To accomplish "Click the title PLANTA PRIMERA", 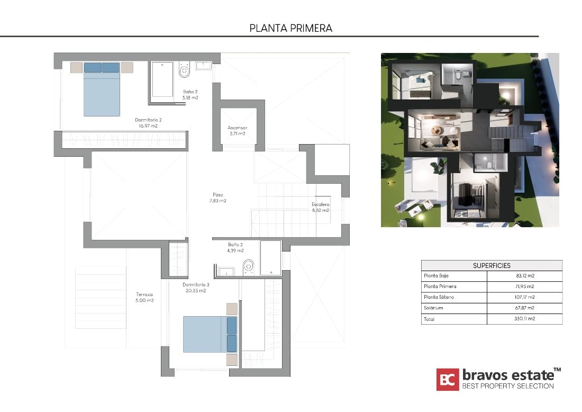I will pyautogui.click(x=290, y=28).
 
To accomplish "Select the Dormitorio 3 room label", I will pyautogui.click(x=189, y=288).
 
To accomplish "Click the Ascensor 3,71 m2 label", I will pyautogui.click(x=237, y=131).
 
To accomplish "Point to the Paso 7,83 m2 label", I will pyautogui.click(x=218, y=198).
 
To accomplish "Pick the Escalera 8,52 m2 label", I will pyautogui.click(x=320, y=207).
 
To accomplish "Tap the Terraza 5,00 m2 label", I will pyautogui.click(x=144, y=297).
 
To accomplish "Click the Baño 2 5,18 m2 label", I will pyautogui.click(x=190, y=95).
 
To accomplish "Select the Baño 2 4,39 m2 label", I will pyautogui.click(x=235, y=247).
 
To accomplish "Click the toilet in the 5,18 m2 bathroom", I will pyautogui.click(x=184, y=70).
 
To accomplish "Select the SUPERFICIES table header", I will pyautogui.click(x=492, y=265).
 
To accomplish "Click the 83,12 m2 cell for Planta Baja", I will pyautogui.click(x=524, y=276).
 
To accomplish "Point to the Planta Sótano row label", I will pyautogui.click(x=439, y=297).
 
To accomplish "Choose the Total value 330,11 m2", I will pyautogui.click(x=524, y=319).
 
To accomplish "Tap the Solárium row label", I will pyautogui.click(x=433, y=308).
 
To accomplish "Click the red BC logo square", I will pyautogui.click(x=448, y=379).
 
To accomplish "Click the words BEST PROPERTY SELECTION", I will pyautogui.click(x=508, y=386).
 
